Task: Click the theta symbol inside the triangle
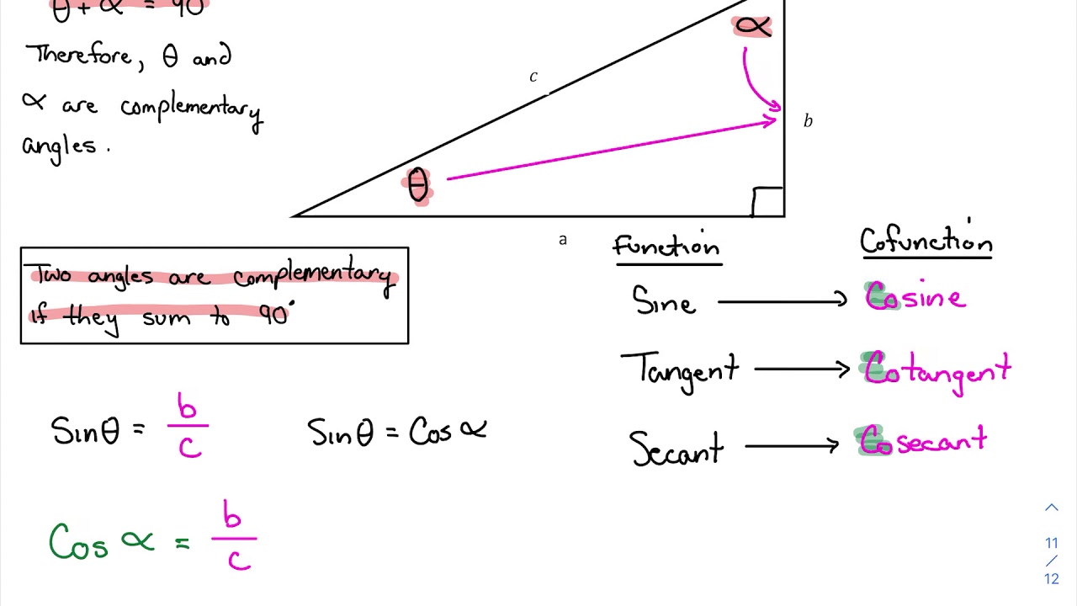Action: (418, 186)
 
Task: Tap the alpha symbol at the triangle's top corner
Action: (752, 27)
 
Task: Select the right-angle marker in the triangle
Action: (767, 202)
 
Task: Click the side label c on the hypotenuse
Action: (533, 77)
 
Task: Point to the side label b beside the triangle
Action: (808, 121)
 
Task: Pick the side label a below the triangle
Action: (563, 240)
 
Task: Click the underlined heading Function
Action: (666, 247)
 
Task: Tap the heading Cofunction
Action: (926, 242)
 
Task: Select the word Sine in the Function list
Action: (664, 300)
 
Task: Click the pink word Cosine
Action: (915, 297)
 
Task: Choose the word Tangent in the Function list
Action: (680, 369)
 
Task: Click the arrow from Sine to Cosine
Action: (782, 300)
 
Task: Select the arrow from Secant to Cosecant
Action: (792, 446)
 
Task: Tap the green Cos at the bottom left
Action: (78, 542)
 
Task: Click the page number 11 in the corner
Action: (1051, 543)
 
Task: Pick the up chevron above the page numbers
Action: (1051, 508)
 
